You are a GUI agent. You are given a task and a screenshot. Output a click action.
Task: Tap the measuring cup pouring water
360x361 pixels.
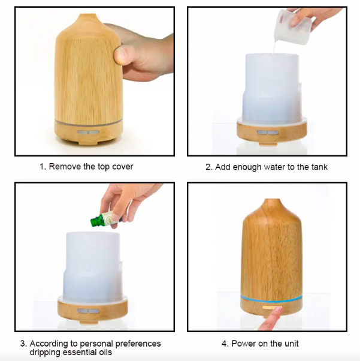click(x=292, y=27)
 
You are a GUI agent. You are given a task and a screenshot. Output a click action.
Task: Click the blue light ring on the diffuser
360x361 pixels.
click(x=271, y=299)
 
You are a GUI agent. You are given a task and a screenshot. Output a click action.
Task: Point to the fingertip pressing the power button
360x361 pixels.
click(x=277, y=309)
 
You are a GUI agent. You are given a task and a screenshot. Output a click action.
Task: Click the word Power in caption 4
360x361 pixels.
click(x=244, y=344)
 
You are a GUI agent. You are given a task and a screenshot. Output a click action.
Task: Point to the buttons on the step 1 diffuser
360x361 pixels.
click(x=88, y=133)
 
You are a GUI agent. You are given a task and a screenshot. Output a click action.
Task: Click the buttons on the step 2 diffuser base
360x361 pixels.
click(x=268, y=133)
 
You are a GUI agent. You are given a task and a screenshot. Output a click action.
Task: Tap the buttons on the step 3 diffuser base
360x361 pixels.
click(x=88, y=311)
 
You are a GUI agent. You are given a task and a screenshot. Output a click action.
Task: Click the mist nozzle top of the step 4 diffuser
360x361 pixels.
click(x=273, y=200)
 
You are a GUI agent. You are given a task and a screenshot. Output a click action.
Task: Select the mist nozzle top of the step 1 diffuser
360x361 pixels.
click(x=88, y=16)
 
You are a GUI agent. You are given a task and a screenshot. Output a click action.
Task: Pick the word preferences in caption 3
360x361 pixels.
click(x=138, y=344)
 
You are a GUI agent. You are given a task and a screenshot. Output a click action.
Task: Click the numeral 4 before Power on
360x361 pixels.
click(x=224, y=344)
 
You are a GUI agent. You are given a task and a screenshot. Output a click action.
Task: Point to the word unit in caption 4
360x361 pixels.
click(x=292, y=344)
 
